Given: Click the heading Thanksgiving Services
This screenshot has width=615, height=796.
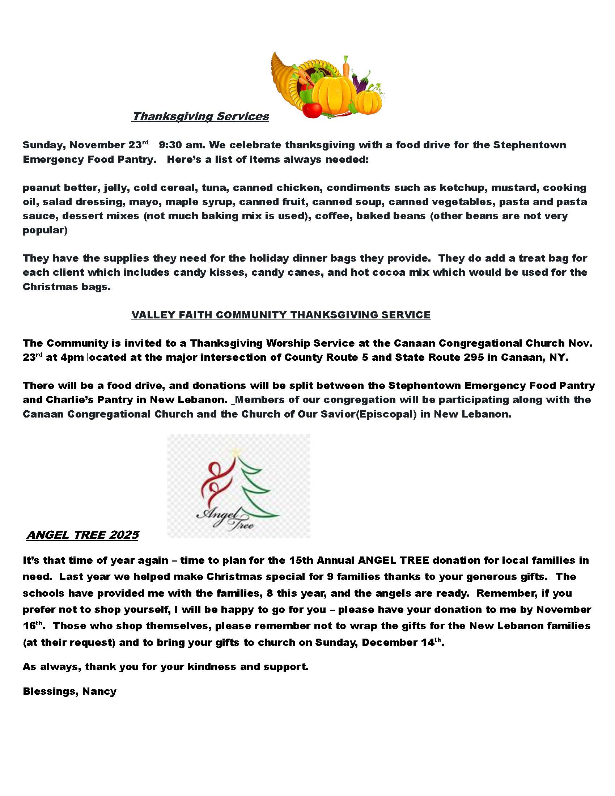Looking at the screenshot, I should [200, 116].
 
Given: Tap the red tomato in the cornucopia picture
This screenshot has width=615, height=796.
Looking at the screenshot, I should [312, 109].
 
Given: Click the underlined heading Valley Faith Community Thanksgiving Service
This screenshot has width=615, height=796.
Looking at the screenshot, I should [281, 315].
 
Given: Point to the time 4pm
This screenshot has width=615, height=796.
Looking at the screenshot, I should [72, 357].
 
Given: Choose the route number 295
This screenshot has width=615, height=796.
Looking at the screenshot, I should [474, 357].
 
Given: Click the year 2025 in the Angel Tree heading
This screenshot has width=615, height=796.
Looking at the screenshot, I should [124, 535].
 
